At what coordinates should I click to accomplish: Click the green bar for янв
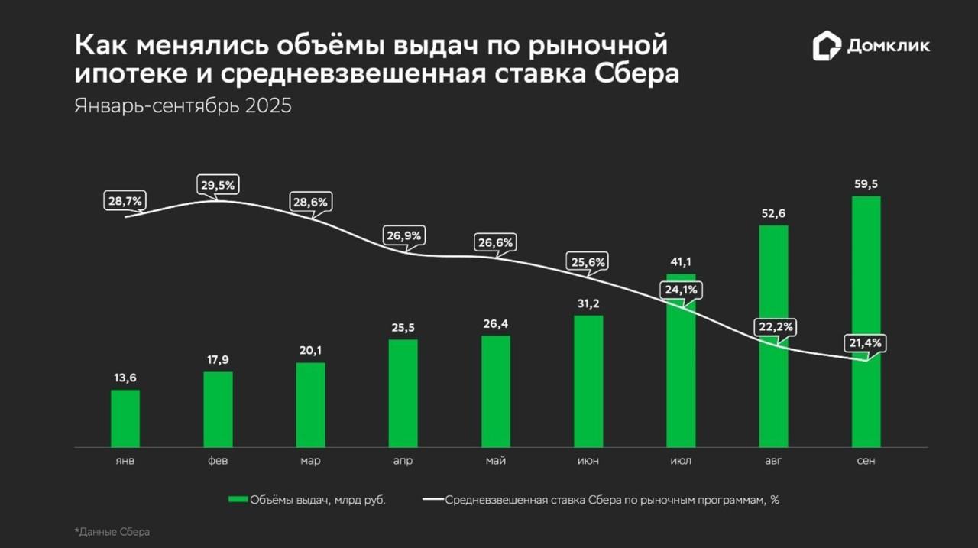(125, 418)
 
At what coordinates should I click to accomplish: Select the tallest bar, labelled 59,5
(866, 321)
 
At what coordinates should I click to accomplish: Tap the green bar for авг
(773, 336)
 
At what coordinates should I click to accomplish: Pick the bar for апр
(403, 393)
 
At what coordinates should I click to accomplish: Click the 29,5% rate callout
(217, 185)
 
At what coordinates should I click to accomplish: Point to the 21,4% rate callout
(866, 343)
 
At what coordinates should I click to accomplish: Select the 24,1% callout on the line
(681, 290)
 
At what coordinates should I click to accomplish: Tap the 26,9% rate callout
(403, 235)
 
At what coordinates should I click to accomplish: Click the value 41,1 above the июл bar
(681, 261)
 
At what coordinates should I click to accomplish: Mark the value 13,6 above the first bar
(125, 378)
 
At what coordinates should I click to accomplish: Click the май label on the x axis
(495, 461)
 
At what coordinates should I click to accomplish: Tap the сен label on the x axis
(866, 461)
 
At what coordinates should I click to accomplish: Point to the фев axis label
(218, 461)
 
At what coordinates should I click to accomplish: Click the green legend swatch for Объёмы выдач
(238, 500)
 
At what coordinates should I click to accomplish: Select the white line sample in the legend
(432, 500)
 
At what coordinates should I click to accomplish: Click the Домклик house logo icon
(826, 46)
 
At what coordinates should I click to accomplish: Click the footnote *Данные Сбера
(112, 532)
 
